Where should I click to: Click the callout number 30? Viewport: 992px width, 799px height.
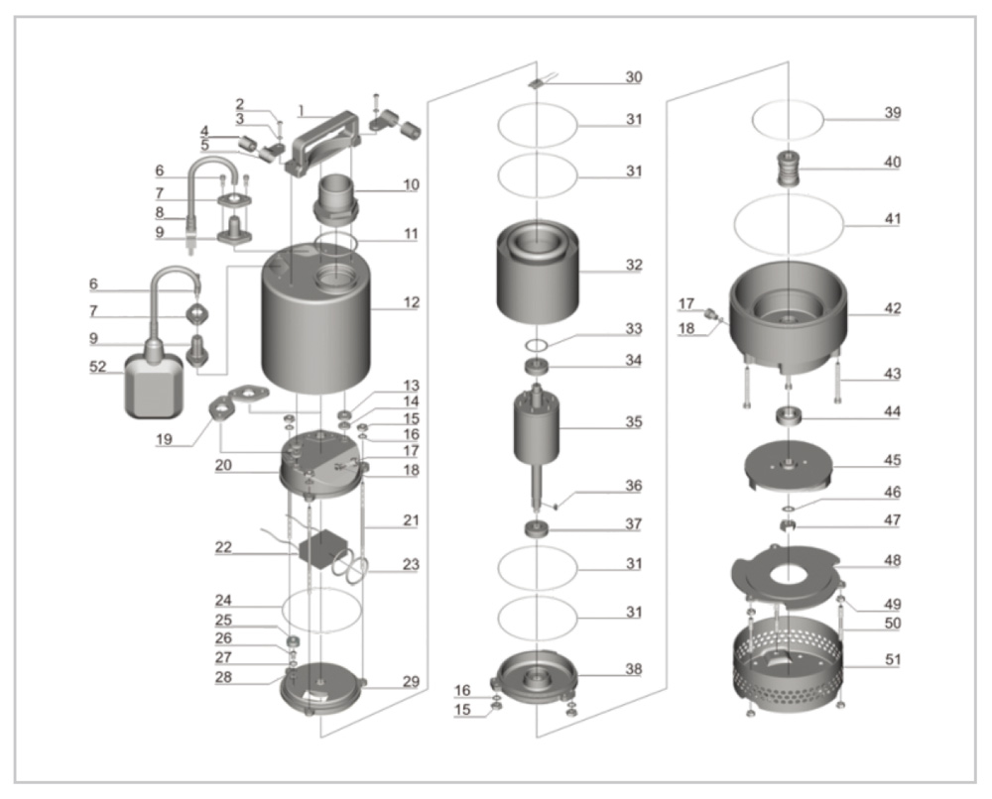coord(633,77)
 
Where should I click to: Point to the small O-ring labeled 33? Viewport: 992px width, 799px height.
coord(536,344)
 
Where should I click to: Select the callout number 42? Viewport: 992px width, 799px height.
coord(893,309)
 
